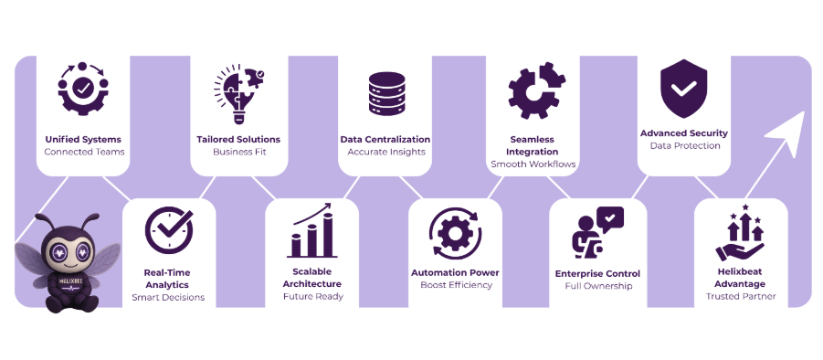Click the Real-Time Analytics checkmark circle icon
(168, 230)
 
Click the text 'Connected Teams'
(84, 152)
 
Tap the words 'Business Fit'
(237, 152)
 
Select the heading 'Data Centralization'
(385, 139)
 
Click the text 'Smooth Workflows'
(533, 164)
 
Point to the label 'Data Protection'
(684, 145)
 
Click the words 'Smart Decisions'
(168, 297)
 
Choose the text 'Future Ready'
(312, 296)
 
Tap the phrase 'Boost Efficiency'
(456, 285)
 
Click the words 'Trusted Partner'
(740, 296)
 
